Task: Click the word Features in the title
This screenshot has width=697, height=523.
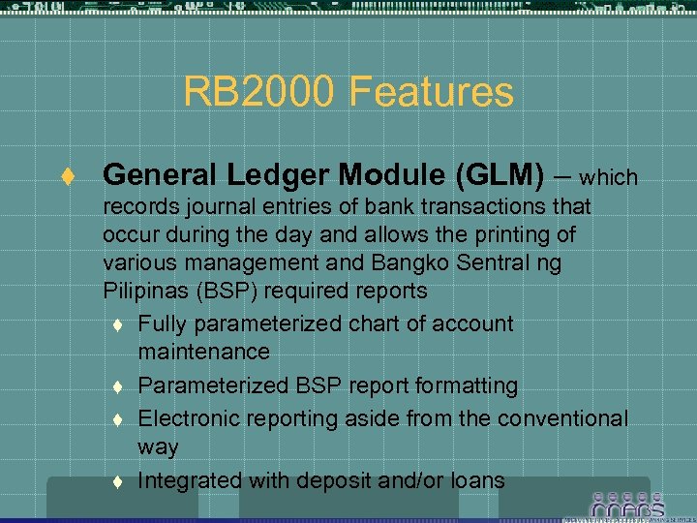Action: tap(431, 92)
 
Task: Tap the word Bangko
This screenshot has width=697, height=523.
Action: tap(406, 263)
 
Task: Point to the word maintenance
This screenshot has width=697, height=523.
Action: tap(203, 352)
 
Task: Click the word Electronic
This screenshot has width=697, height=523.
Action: tap(187, 418)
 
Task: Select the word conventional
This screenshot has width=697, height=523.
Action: tap(564, 418)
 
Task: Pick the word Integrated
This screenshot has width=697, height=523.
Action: tap(190, 479)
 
